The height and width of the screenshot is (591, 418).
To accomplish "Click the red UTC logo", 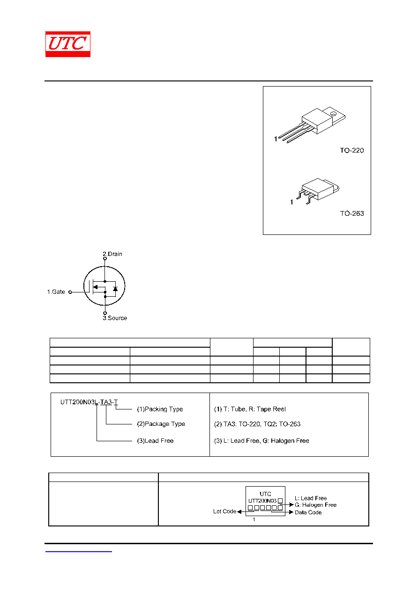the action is [67, 44].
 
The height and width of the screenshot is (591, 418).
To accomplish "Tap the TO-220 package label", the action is [351, 150].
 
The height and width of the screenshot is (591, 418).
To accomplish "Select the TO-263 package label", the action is [351, 213].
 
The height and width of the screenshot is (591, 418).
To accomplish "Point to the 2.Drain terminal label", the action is [112, 254].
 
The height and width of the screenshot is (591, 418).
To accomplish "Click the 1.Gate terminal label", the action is [56, 292].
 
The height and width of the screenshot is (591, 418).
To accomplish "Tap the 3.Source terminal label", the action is [115, 318].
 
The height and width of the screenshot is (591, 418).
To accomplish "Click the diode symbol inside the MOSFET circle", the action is [115, 289].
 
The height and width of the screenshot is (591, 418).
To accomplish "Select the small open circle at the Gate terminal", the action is [70, 292].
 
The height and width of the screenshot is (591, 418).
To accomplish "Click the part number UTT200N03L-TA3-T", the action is [89, 402].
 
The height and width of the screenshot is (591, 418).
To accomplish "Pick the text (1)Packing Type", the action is [160, 409].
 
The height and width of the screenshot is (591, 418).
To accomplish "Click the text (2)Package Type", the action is [161, 424].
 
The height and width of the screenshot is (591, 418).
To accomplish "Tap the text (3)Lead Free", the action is [155, 441].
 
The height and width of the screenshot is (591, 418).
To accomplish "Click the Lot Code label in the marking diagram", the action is [224, 511].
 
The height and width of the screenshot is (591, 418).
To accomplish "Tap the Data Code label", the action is [308, 512].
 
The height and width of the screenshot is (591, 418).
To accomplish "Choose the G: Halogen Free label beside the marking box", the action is [315, 505].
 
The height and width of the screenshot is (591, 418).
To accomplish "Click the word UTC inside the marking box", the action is [265, 494].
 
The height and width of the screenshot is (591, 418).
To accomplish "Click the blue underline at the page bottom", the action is [78, 552].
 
